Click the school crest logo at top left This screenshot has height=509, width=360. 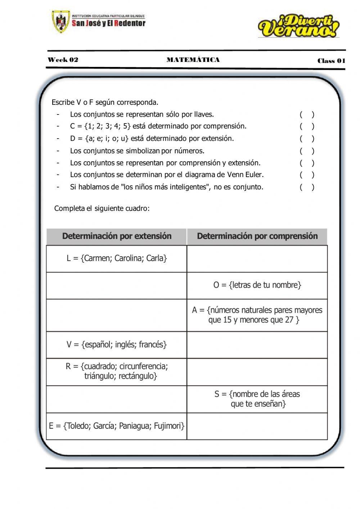pos(60,22)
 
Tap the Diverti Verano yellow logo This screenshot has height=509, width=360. pos(298,26)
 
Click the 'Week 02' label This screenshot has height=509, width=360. pos(63,60)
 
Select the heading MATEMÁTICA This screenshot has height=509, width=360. pos(193,60)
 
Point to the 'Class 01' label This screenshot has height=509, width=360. pos(331,61)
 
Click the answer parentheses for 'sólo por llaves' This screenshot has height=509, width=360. pos(307,115)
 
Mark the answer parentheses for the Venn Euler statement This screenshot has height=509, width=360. pos(307,175)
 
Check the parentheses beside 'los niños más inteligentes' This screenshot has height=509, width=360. pos(307,187)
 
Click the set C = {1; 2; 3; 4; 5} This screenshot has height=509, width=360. pos(100,126)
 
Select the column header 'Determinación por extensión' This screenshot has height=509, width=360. pos(117,236)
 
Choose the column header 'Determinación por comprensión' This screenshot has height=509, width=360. pos(257,236)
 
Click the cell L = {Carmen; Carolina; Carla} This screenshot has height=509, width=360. pos(117,258)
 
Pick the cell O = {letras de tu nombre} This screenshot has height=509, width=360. pos(257,285)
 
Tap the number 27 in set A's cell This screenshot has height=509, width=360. pos(289,320)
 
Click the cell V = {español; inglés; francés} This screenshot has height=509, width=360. pos(117,345)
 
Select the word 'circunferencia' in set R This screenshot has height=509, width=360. pos(144,366)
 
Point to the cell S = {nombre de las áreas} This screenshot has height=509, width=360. pos(257,399)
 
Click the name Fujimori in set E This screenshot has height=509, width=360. pos(169,426)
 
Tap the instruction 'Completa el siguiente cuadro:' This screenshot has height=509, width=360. pos(102,208)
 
